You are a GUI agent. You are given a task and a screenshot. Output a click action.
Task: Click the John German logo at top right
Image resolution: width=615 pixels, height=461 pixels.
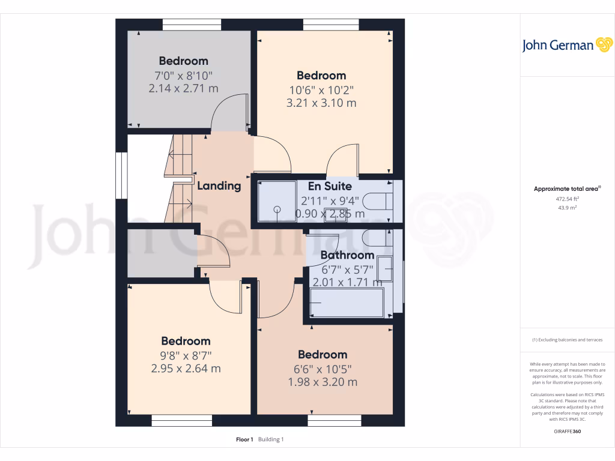click(x=566, y=45)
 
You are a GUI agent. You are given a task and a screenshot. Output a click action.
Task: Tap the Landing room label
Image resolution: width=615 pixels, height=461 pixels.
click(x=219, y=186)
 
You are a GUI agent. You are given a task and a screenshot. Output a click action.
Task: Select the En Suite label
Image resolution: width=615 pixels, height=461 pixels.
click(x=330, y=186)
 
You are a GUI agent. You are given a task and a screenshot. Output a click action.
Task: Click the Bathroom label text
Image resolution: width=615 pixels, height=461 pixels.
click(x=347, y=255)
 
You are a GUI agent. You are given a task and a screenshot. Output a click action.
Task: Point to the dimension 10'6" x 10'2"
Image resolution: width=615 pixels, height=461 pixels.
click(x=321, y=90)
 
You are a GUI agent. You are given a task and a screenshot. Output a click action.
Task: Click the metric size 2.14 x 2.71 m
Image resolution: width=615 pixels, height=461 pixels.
click(x=183, y=88)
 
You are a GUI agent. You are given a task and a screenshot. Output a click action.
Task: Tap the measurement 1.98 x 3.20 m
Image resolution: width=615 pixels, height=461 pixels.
click(x=323, y=382)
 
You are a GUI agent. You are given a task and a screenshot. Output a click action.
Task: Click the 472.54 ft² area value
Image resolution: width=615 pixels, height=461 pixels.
click(x=567, y=199)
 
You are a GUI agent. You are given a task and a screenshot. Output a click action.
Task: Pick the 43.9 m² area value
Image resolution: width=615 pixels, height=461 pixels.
click(x=567, y=208)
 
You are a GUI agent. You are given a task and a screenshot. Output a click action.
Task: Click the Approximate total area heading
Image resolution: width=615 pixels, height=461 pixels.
click(x=567, y=188)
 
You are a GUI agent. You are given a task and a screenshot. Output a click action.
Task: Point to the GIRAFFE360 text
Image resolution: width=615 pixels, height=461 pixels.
click(x=568, y=432)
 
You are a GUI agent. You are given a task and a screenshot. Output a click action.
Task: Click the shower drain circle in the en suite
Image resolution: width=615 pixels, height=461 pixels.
click(x=277, y=209)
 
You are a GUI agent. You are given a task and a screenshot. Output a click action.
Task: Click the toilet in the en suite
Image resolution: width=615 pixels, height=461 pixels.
click(x=380, y=201)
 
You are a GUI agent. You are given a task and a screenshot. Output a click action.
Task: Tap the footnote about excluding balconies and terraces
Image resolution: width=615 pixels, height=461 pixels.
click(x=567, y=340)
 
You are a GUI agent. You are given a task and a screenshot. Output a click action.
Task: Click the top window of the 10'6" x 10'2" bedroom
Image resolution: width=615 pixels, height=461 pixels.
click(x=331, y=25)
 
